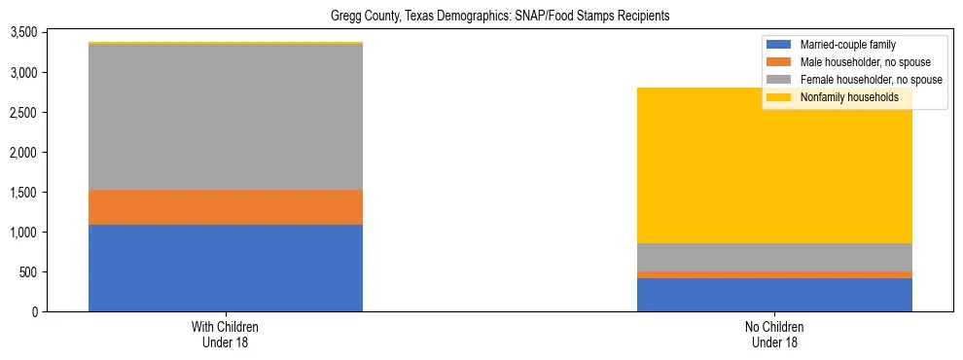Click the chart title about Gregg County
click(x=481, y=17)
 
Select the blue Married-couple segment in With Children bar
click(x=226, y=268)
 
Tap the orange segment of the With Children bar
click(x=226, y=207)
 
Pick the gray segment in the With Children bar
click(x=226, y=117)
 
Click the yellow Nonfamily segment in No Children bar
click(x=774, y=165)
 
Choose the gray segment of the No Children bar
click(x=774, y=257)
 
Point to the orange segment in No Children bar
click(x=774, y=274)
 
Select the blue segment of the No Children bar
click(x=774, y=295)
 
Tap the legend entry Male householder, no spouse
click(x=859, y=62)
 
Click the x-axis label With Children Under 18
click(x=226, y=335)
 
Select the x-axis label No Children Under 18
click(x=774, y=335)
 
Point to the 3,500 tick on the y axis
click(x=23, y=32)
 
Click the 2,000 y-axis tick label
click(x=23, y=153)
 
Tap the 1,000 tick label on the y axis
click(x=23, y=233)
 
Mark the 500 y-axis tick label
click(x=28, y=272)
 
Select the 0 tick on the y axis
click(x=35, y=312)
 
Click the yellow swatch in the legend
click(x=779, y=97)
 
